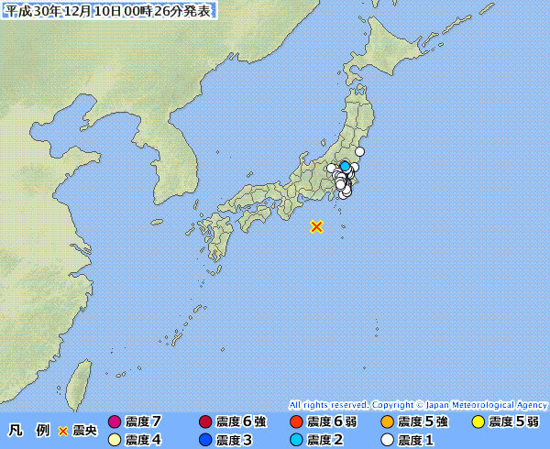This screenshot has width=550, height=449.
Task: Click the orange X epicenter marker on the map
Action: (316, 226)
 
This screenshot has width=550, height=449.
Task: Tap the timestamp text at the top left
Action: (110, 11)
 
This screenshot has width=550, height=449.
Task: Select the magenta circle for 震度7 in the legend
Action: (115, 422)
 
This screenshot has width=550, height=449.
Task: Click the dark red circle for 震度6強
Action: (205, 422)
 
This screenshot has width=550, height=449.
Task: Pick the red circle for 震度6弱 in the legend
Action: (296, 422)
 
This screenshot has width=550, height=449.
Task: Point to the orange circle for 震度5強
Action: (387, 422)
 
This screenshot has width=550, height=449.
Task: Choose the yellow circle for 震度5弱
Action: (478, 422)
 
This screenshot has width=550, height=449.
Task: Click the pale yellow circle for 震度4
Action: (115, 440)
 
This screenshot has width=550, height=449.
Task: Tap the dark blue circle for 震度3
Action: (205, 440)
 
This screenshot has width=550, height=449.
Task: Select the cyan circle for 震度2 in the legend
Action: (296, 440)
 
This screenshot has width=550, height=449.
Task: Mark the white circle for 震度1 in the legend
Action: (387, 440)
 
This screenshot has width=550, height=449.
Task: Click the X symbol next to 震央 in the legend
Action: (63, 431)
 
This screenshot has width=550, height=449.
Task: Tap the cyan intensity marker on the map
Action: (345, 166)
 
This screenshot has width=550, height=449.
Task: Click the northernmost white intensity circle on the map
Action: (360, 151)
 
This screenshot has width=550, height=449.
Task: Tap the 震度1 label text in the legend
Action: (415, 440)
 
